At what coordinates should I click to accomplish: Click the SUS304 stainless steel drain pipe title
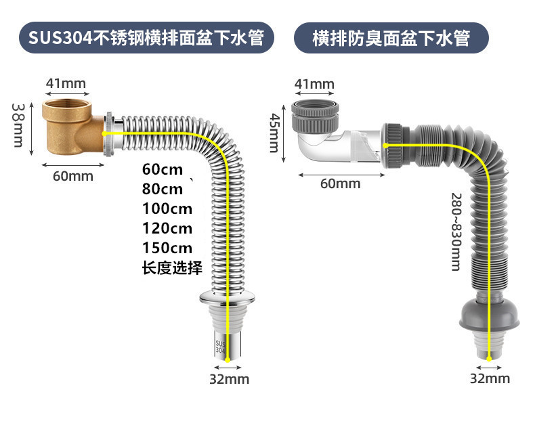click(x=147, y=37)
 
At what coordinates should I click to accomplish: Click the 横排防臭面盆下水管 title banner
click(x=391, y=37)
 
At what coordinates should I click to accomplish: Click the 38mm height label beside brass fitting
click(x=18, y=125)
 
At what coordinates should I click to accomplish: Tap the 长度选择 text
click(x=172, y=267)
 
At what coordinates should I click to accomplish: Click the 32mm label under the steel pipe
click(x=229, y=379)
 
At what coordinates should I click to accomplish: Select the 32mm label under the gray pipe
click(x=490, y=378)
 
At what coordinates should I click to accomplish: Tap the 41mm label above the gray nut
click(x=314, y=84)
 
